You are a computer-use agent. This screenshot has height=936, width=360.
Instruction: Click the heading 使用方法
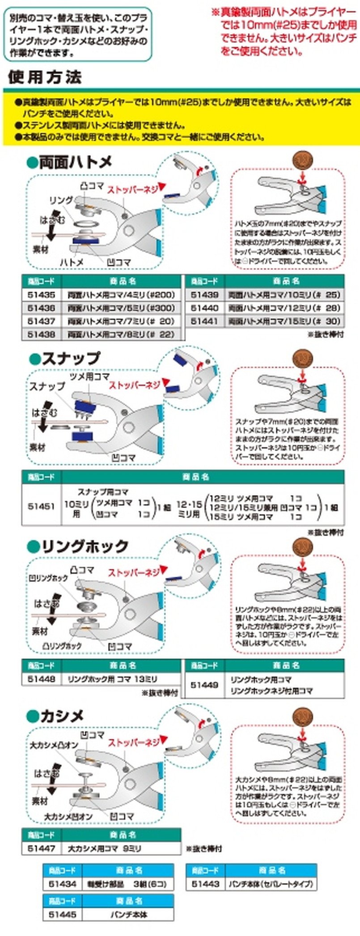tap(45, 78)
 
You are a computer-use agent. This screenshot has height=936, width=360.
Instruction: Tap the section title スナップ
tap(70, 358)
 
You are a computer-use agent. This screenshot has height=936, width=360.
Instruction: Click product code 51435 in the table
tap(41, 295)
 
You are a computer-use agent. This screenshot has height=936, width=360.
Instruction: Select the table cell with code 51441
tap(204, 321)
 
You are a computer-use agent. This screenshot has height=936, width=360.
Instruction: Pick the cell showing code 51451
tap(41, 507)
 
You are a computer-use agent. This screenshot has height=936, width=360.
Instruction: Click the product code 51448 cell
tap(41, 679)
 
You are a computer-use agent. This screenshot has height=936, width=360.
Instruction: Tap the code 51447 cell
tap(41, 848)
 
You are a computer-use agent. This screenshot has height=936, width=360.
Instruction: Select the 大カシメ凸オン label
tap(54, 745)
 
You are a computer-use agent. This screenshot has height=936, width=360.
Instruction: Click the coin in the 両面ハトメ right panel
tap(303, 161)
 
